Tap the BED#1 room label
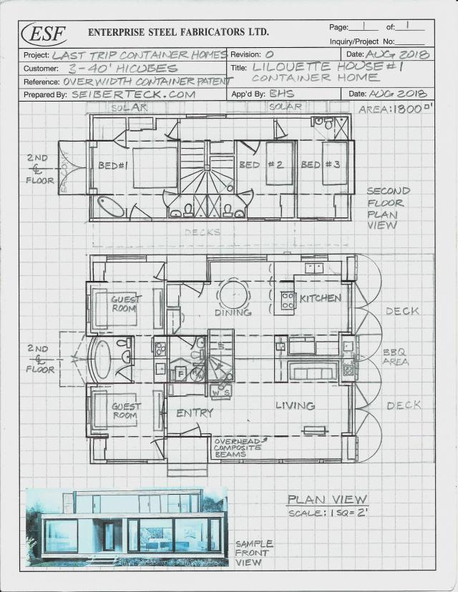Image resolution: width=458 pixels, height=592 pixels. tap(112, 165)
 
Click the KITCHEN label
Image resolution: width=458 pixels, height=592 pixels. tap(320, 297)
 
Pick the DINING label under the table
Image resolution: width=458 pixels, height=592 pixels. tap(233, 312)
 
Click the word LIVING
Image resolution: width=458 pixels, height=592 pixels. tap(295, 405)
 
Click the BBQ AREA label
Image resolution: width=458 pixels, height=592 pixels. tap(396, 357)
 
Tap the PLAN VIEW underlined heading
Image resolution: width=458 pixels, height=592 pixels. tap(327, 499)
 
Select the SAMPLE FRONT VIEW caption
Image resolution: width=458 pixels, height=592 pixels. tap(253, 553)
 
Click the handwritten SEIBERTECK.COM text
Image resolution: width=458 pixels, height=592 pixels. tap(133, 94)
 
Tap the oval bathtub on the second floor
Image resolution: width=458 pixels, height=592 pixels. tap(111, 207)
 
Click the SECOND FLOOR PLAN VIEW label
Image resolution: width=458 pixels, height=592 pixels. tap(388, 207)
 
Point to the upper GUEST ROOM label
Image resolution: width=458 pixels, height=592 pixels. tap(126, 304)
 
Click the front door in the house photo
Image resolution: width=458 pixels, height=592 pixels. tap(108, 536)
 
